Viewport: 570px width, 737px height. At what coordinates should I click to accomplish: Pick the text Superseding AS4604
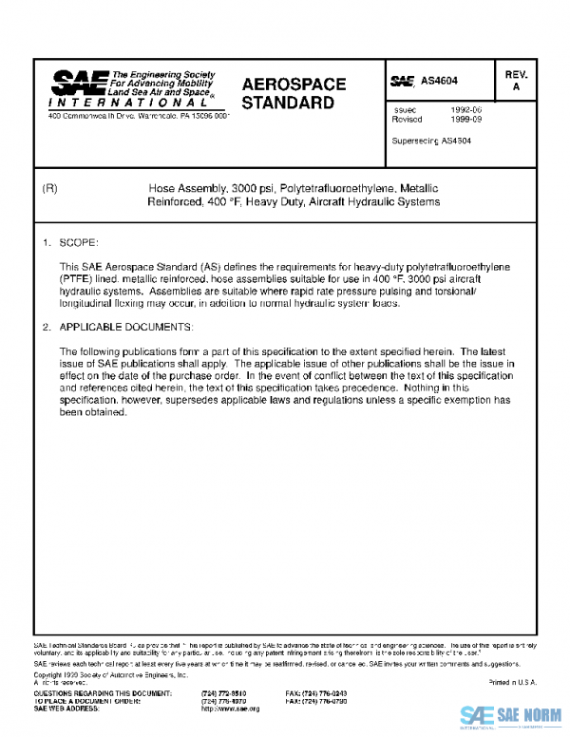431,141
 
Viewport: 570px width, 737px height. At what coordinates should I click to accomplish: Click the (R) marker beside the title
52,189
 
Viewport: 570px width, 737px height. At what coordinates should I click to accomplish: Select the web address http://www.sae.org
230,709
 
